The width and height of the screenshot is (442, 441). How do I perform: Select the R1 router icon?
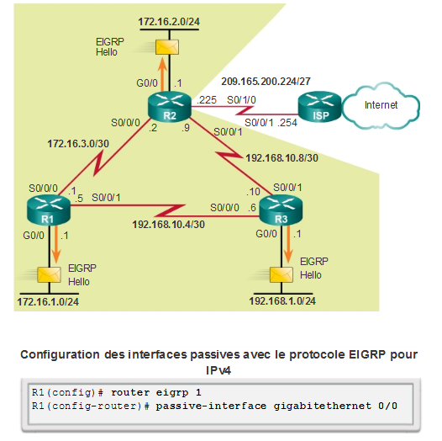click(x=49, y=205)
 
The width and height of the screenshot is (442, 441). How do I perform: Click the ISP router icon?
click(x=316, y=105)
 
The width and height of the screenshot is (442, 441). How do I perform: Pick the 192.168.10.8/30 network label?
click(x=282, y=157)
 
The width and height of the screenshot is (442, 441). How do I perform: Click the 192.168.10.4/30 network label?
click(x=168, y=226)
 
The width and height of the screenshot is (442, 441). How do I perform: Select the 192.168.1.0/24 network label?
click(x=283, y=300)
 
